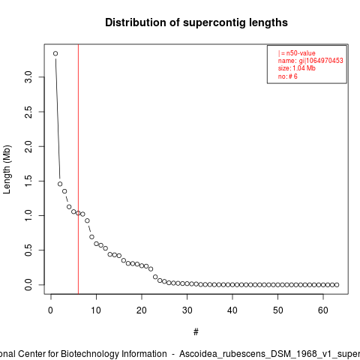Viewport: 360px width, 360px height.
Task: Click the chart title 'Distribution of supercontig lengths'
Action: [x=196, y=22]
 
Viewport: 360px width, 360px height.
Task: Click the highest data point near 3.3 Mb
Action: [x=55, y=53]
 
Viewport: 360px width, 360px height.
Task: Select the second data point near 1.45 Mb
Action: [x=60, y=184]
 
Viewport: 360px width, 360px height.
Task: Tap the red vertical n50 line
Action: [x=78, y=169]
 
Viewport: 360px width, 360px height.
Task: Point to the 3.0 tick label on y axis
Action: [x=28, y=77]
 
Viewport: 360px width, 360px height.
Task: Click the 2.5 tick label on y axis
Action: [x=28, y=112]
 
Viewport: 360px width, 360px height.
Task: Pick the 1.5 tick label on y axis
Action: [x=28, y=181]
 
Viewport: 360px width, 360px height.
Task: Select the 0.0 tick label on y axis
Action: [x=28, y=285]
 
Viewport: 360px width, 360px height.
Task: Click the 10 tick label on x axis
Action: [x=96, y=310]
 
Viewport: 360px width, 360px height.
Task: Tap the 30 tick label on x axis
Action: [x=187, y=310]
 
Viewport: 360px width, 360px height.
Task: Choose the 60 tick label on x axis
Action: [x=323, y=310]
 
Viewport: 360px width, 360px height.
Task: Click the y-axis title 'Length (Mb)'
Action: [x=7, y=169]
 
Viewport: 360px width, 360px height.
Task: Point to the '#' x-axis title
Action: [x=196, y=332]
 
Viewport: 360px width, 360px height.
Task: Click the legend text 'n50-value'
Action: [x=301, y=53]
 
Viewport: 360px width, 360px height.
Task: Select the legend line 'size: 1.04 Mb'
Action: [x=297, y=68]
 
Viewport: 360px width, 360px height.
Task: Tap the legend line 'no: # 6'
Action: [x=288, y=76]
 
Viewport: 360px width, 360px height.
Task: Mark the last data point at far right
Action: [x=337, y=285]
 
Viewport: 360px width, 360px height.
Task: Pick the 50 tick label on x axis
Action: [x=277, y=310]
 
